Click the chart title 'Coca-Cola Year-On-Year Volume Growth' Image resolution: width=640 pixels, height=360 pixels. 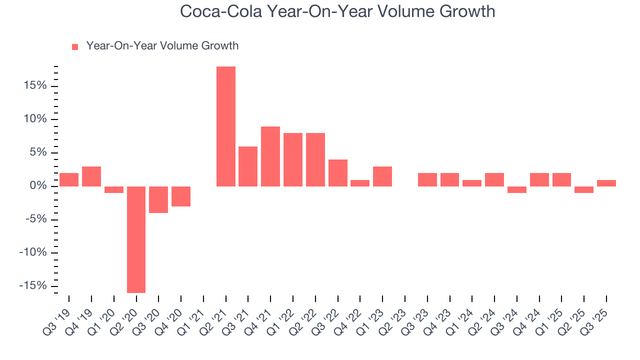(337, 11)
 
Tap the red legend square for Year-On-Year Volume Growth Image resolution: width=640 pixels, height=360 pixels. (75, 46)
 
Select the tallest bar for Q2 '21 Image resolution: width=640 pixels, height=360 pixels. (226, 126)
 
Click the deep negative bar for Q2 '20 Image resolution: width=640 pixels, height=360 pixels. (136, 239)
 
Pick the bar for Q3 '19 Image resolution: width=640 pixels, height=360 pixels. (69, 179)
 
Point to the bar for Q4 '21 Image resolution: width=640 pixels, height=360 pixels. (270, 156)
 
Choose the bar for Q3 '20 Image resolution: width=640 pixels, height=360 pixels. (158, 199)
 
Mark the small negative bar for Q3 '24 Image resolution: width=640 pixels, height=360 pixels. (517, 189)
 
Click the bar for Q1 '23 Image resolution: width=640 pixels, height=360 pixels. (382, 176)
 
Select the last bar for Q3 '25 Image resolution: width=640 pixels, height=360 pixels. (606, 183)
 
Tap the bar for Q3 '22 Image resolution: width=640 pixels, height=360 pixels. (338, 173)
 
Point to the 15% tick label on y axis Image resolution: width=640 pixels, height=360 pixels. (35, 86)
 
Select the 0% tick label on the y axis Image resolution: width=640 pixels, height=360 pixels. (38, 186)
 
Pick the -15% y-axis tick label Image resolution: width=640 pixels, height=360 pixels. (33, 285)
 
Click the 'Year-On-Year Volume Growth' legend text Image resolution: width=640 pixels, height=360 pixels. (162, 46)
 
